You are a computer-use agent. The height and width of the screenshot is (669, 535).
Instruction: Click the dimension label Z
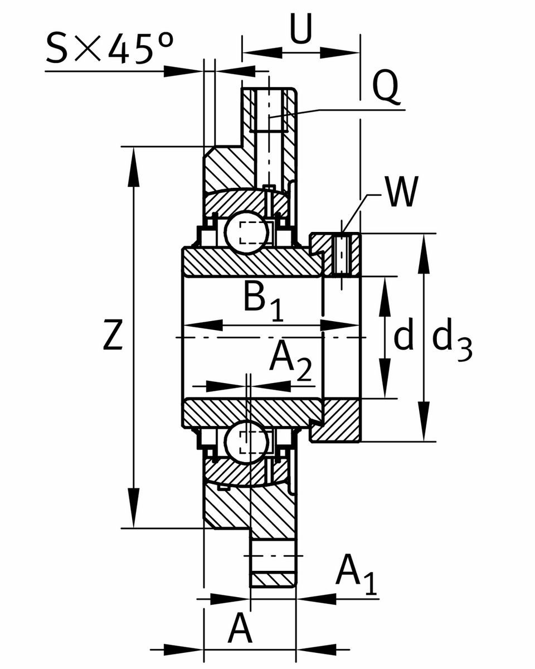(x=113, y=334)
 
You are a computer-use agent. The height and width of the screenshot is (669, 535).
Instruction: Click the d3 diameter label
(x=451, y=339)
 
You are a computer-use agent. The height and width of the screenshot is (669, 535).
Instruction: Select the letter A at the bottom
(x=240, y=630)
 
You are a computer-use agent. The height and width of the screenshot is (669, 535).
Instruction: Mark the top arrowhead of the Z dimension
(x=134, y=162)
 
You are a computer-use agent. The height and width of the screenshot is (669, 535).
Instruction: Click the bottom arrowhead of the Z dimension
(x=134, y=513)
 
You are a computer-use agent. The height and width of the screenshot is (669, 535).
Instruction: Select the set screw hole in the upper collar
(x=342, y=255)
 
